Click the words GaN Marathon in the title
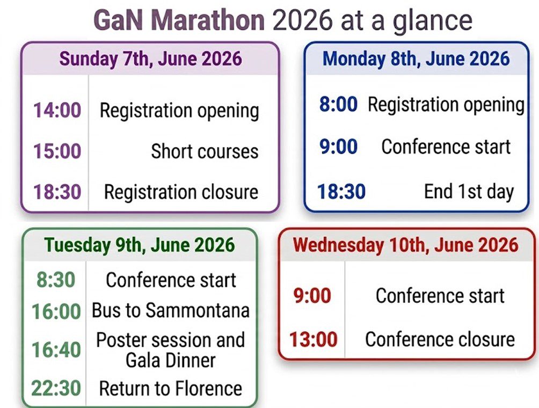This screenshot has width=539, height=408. tap(179, 20)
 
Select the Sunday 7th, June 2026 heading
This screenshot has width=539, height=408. tap(150, 59)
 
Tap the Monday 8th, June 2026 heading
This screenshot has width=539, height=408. tap(416, 59)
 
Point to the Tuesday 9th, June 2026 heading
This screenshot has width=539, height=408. tap(140, 245)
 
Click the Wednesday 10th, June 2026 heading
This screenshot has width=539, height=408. tap(406, 245)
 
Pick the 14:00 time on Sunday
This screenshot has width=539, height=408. tap(57, 111)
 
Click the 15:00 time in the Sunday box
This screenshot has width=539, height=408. tap(57, 151)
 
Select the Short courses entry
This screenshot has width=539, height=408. tap(205, 151)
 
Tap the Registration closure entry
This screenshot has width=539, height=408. tap(181, 192)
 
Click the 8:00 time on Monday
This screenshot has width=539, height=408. tap(339, 104)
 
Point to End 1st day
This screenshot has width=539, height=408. tap(469, 192)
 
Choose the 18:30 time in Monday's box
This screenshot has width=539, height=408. tap(341, 192)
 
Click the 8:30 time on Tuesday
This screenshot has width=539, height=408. tap(56, 280)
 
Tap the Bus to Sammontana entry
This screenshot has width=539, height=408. tap(171, 310)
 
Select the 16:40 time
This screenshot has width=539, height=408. tap(56, 350)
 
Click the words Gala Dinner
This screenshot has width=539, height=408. tap(171, 361)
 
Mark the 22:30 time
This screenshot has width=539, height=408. tap(56, 388)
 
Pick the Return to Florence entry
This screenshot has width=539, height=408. tap(171, 389)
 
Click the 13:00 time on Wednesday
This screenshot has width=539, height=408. tap(313, 340)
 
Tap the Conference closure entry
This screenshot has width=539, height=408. tap(440, 340)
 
